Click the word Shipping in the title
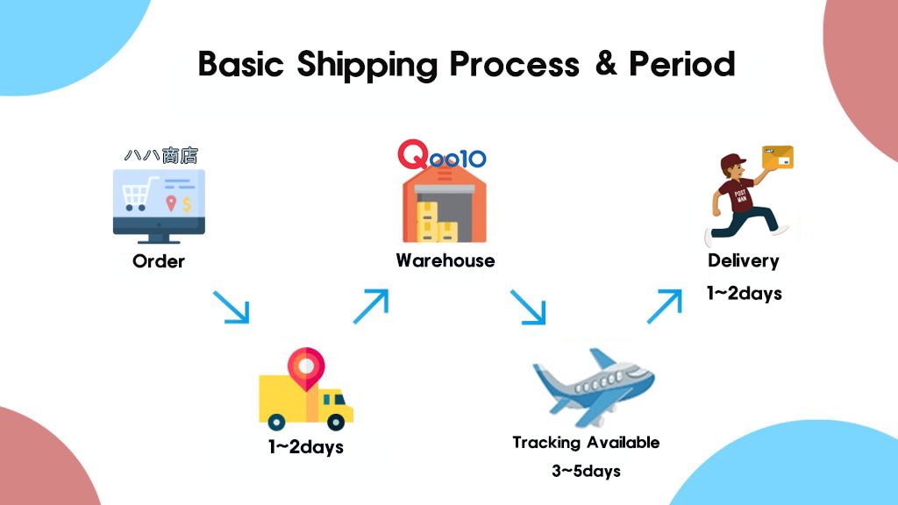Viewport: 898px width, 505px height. (x=367, y=65)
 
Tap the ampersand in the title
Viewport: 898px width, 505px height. (x=605, y=63)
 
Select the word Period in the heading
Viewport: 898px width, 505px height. (x=682, y=63)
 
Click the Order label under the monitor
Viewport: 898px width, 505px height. (x=159, y=261)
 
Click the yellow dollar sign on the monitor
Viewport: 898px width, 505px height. (x=187, y=203)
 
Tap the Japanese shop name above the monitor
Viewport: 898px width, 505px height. (x=161, y=155)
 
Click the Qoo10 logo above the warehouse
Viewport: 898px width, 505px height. (x=442, y=155)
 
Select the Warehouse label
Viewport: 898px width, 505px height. (x=445, y=260)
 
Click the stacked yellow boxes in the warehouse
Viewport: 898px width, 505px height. (x=436, y=222)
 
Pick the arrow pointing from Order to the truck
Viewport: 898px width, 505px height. (x=232, y=308)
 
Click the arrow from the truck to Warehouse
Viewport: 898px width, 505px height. (x=371, y=306)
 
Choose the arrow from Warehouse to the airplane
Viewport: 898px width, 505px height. (x=528, y=308)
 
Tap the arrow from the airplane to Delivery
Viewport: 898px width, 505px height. (x=665, y=306)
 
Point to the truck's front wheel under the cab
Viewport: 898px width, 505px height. (x=336, y=423)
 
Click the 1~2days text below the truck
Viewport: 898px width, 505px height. (x=306, y=446)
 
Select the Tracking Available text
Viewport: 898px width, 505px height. (x=586, y=443)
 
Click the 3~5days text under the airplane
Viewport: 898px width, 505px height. (x=586, y=471)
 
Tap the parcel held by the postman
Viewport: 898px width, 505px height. (x=777, y=157)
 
